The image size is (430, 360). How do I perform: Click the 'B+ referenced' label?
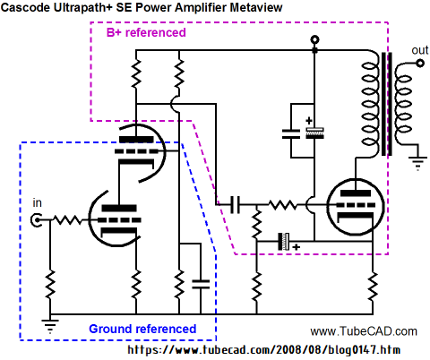pos(146,32)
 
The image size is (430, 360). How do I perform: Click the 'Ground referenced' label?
pos(142,329)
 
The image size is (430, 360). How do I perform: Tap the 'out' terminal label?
pos(420,50)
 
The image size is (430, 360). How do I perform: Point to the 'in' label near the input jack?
pos(37,203)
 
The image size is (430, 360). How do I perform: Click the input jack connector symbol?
pos(36,220)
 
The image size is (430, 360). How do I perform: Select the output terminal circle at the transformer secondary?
pos(420,63)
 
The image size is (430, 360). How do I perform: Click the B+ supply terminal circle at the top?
pos(314,39)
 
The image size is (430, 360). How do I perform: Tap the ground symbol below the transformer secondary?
pos(417,163)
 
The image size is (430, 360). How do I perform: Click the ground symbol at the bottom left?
pos(50,326)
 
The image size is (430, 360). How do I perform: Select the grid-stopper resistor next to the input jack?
pos(67,220)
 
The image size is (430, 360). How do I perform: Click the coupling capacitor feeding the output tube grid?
pos(236,205)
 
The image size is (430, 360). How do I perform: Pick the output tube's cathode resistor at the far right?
pos(373,286)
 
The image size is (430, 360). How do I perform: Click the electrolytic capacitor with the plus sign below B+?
pos(314,133)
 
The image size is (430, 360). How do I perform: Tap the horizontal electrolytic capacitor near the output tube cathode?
pos(284,241)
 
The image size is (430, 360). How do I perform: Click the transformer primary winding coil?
pos(370,104)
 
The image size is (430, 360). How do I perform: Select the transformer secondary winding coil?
pos(404,104)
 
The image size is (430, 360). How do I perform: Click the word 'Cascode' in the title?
pos(25,7)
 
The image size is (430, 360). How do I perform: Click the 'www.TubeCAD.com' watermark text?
pos(364,331)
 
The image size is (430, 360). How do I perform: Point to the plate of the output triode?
pos(356,193)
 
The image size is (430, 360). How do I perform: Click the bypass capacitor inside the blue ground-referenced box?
pos(201,284)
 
